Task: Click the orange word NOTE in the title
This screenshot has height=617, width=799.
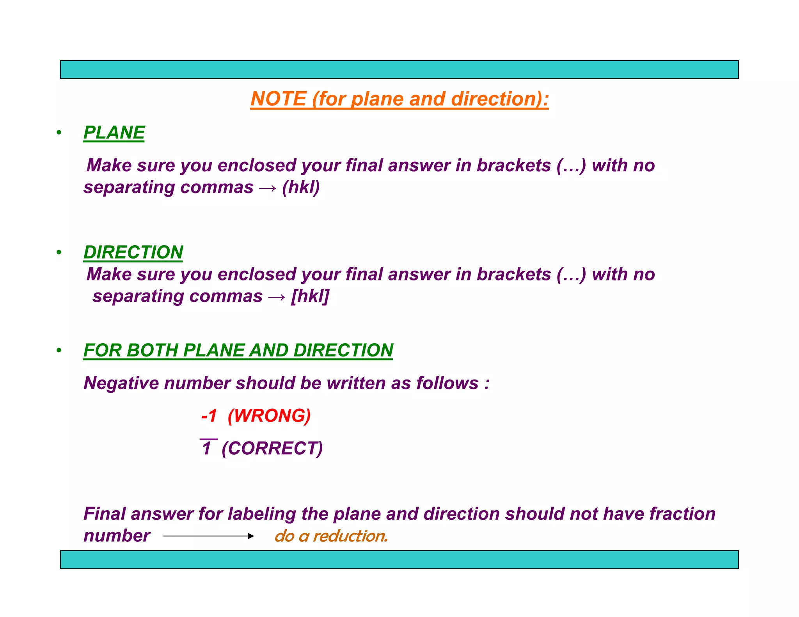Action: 278,99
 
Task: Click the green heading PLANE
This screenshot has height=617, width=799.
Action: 114,133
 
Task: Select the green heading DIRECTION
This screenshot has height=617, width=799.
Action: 133,252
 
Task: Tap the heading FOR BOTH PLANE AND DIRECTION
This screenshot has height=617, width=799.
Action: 238,350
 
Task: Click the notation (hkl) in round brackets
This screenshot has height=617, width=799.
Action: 301,187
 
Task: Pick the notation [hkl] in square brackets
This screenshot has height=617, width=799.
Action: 310,296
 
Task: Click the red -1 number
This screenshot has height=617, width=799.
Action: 209,416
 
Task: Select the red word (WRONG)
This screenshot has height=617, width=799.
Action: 269,416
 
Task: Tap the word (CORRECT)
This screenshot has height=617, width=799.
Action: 272,448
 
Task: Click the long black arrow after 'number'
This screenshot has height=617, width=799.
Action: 209,536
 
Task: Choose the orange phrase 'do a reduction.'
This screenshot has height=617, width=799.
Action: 331,536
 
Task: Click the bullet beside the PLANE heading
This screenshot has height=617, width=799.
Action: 59,133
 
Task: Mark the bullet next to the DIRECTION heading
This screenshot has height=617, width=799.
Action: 59,252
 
